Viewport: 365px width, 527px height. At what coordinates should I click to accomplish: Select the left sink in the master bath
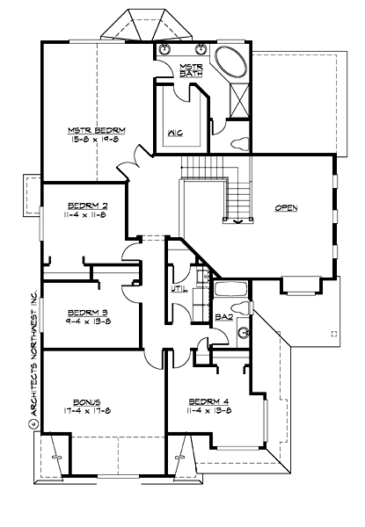pos(166,49)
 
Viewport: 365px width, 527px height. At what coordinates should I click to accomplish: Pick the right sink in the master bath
pos(200,49)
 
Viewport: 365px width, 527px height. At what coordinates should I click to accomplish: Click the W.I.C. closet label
pos(174,134)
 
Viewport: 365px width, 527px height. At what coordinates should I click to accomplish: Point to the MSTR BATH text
pos(191,70)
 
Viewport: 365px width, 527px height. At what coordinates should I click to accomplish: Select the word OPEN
pos(285,208)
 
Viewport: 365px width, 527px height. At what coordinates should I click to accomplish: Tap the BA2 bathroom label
pos(222,319)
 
